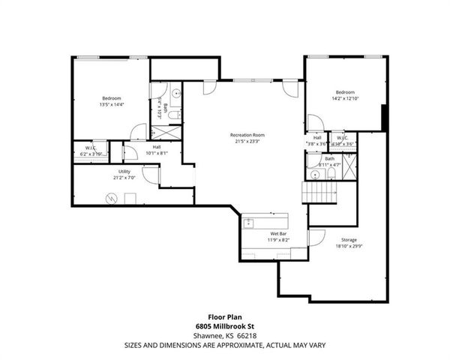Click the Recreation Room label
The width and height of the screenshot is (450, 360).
point(247,135)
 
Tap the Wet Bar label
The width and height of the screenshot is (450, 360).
point(279,234)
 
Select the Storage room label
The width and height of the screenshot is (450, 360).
point(349,239)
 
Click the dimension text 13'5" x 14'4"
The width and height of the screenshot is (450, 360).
point(112,105)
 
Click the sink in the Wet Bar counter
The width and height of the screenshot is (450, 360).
point(250,223)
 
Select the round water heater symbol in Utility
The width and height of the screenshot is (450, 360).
point(112,199)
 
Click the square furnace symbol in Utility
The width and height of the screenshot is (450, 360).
point(130,199)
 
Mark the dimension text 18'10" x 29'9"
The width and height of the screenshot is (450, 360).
point(349,245)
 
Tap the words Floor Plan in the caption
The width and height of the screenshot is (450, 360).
point(224,316)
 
